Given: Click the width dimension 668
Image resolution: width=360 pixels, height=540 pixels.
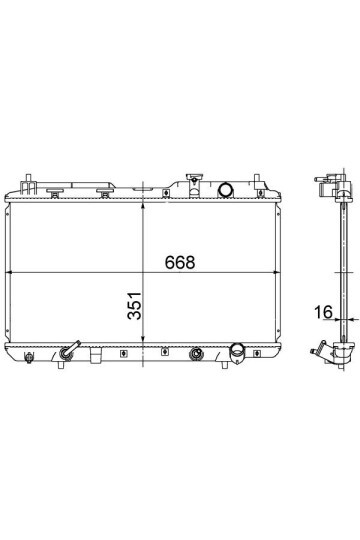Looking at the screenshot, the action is point(180,262).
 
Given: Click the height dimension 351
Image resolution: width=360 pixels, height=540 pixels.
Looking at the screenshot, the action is point(134,306).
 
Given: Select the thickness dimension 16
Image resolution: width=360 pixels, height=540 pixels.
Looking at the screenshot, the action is point(323,312).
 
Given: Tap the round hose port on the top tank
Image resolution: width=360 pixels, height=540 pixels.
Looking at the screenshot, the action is point(226,190).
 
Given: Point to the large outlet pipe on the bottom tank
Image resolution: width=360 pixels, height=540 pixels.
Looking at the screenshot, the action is point(238,352).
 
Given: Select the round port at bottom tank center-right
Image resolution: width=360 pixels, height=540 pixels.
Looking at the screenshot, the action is point(196,354).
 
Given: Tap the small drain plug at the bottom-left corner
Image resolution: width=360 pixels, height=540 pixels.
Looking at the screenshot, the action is point(29,357).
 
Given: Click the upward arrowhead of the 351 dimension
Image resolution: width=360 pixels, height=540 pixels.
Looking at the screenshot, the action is point(143,206).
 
